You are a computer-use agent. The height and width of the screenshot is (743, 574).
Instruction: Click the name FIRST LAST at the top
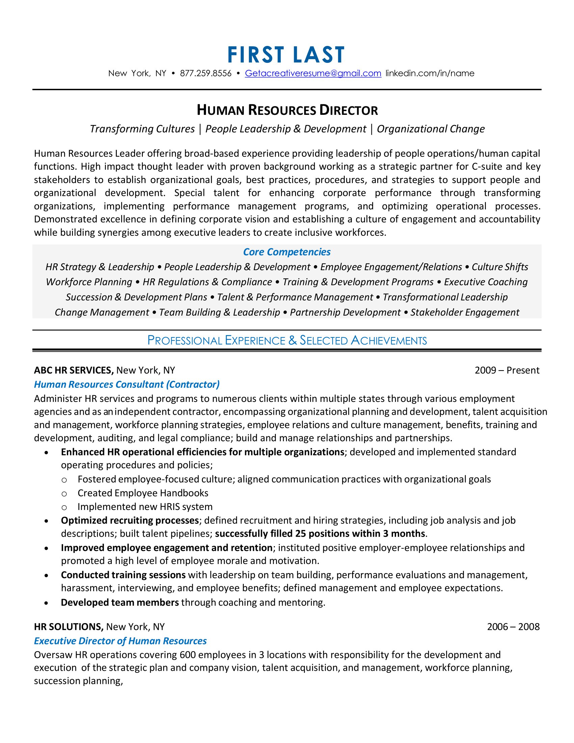tap(286, 55)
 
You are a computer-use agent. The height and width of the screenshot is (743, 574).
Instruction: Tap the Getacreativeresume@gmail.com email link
tap(313, 74)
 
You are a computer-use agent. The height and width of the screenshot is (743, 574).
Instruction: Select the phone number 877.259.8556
tap(205, 74)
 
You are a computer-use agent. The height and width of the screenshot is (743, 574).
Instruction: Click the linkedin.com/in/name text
tap(429, 74)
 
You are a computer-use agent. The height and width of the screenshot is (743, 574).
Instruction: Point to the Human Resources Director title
tap(287, 110)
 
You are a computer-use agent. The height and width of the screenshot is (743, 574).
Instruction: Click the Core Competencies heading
tap(287, 252)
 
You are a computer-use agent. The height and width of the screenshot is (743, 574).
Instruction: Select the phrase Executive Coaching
tap(486, 282)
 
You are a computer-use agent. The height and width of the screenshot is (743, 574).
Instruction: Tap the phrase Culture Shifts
tap(499, 267)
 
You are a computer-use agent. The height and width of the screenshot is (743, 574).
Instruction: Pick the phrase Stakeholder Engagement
tap(465, 312)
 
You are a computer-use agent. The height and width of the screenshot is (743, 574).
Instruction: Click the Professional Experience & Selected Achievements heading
tap(287, 340)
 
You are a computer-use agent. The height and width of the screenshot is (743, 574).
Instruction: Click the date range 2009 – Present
tap(507, 370)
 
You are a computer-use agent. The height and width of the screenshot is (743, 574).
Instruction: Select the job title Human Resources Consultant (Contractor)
tap(127, 384)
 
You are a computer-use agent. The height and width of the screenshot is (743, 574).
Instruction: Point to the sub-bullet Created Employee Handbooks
tap(143, 493)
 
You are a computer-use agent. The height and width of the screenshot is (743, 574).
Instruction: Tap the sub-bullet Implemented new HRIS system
tap(145, 507)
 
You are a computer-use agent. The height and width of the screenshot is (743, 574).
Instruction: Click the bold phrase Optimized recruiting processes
tap(130, 520)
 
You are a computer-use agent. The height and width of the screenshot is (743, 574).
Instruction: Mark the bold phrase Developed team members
tap(120, 603)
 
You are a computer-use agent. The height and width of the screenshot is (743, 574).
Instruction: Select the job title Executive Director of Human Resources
tap(120, 641)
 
